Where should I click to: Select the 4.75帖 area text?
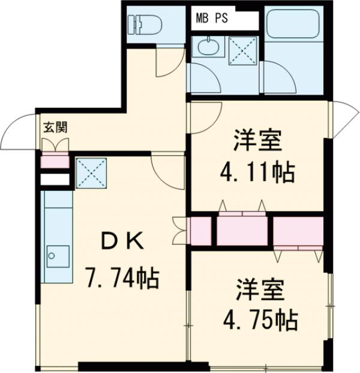[262, 320]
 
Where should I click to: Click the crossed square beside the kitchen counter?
[91, 173]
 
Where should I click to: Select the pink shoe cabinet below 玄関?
[55, 161]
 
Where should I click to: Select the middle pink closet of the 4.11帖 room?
[242, 230]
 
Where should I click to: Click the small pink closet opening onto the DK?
[200, 230]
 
